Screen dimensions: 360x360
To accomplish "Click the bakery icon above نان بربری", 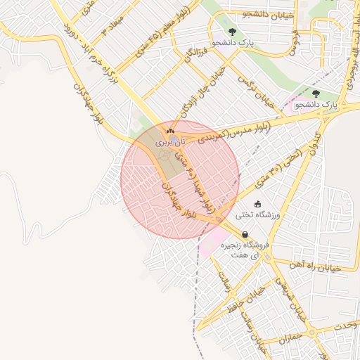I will point(169,131).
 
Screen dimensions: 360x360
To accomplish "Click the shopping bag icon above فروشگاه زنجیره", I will point(244,235).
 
